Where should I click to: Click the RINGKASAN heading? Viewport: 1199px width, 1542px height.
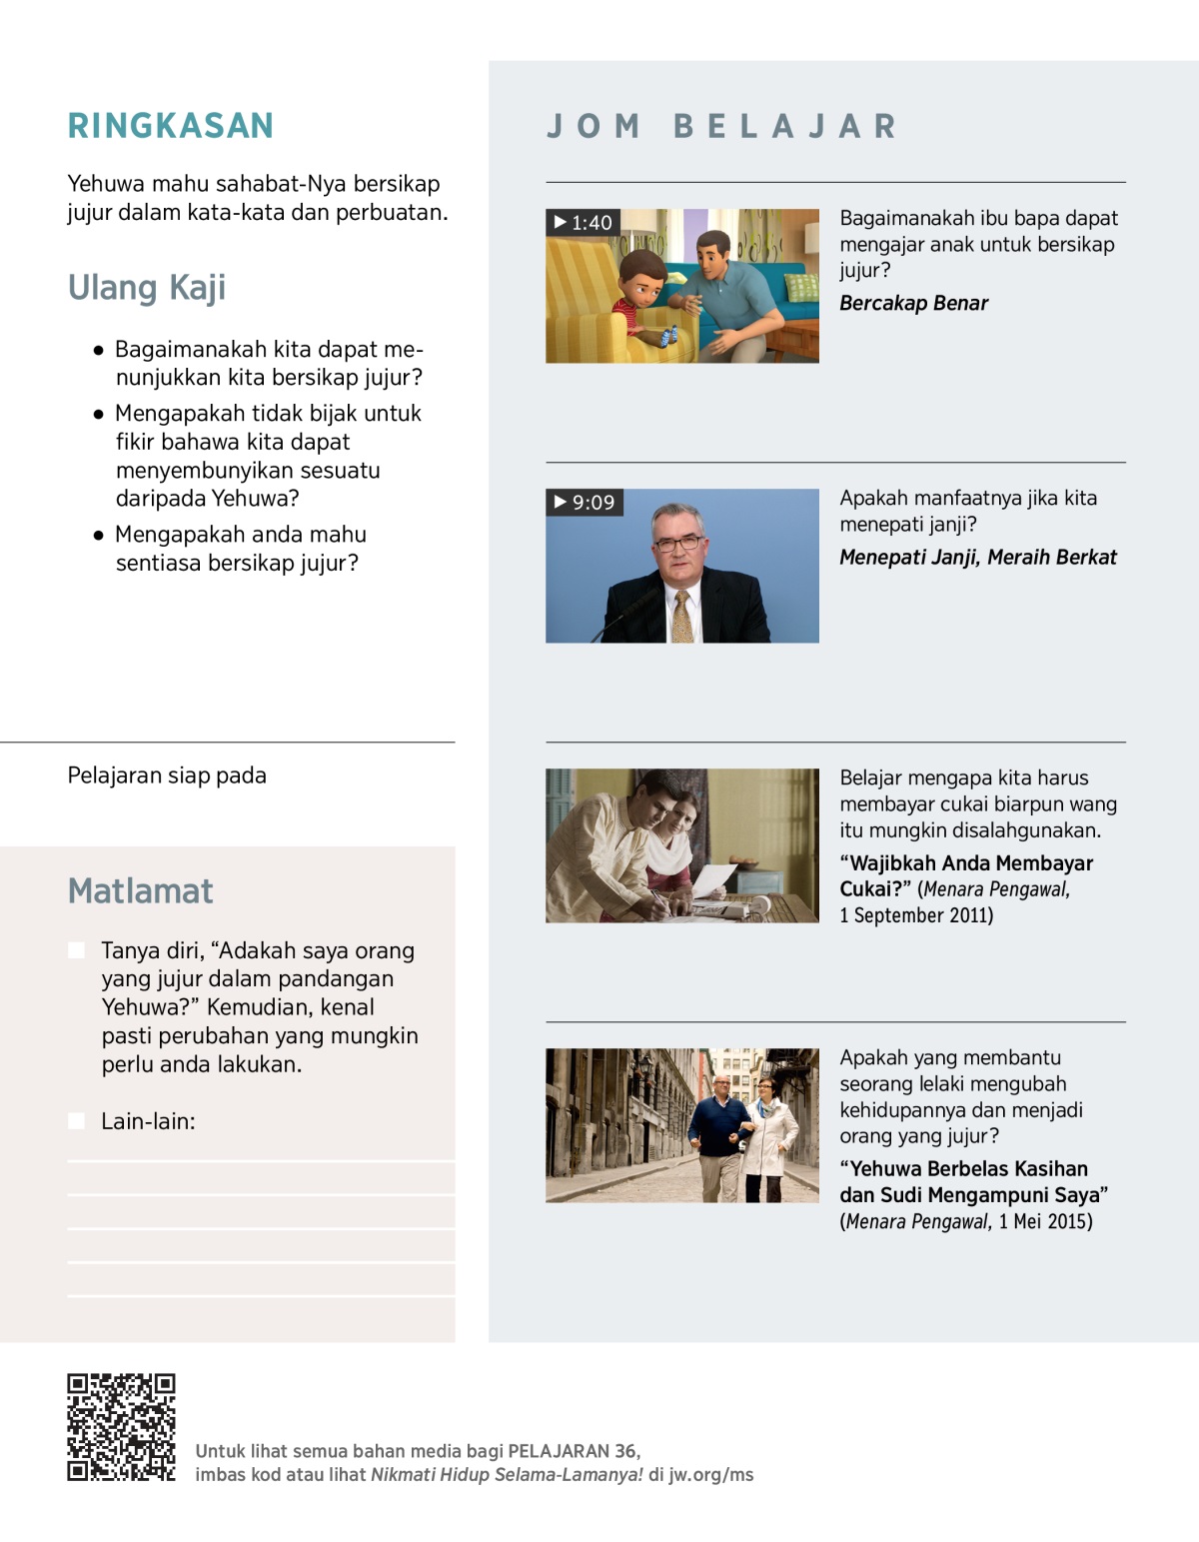(170, 126)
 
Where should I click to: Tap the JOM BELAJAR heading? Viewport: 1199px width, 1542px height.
(721, 127)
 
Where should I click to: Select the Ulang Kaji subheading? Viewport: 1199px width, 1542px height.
(146, 288)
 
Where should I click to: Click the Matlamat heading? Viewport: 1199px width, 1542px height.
(140, 890)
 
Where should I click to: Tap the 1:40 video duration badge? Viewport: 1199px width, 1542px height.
(583, 223)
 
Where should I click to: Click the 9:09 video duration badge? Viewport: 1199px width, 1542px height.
(585, 503)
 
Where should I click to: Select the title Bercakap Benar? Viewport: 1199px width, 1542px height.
(913, 304)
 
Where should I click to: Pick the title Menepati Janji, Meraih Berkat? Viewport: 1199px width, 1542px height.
(977, 558)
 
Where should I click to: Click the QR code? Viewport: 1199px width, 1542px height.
(121, 1427)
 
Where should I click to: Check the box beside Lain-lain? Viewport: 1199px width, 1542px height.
(76, 1121)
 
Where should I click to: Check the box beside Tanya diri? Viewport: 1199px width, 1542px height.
(76, 950)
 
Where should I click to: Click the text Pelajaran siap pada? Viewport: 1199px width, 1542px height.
(167, 776)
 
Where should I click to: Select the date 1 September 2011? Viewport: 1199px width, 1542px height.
(916, 916)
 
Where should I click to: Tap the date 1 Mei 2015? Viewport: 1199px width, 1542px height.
(1045, 1222)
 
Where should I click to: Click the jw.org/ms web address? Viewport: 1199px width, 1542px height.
(710, 1475)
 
